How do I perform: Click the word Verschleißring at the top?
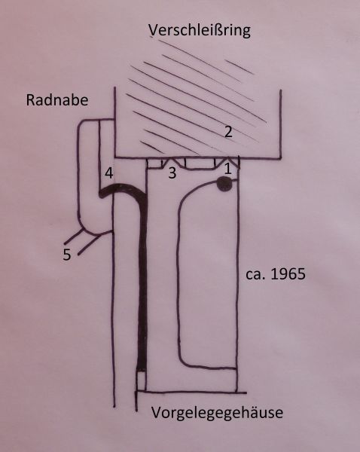200,31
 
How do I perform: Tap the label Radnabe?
57,100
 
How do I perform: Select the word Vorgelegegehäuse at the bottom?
217,413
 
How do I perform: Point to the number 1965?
288,274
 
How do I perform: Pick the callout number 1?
227,169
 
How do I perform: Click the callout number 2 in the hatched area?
228,132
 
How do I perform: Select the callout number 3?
172,173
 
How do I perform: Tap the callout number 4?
108,173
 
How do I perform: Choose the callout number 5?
67,255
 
